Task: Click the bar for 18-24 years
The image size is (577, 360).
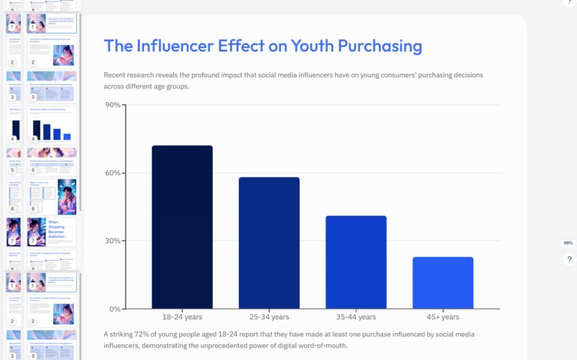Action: point(182,227)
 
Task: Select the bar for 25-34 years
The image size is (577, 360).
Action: point(269,243)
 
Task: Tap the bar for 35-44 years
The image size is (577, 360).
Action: point(356,262)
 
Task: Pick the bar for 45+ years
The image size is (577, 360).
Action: point(442,283)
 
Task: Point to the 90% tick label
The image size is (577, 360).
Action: point(113,105)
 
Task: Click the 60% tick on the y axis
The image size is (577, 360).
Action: point(113,173)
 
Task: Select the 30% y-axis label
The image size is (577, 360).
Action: point(113,241)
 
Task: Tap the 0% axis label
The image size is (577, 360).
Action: point(115,309)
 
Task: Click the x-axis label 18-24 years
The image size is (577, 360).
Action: point(182,317)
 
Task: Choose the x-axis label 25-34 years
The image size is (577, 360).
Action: point(269,317)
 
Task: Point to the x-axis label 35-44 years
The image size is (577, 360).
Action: point(356,317)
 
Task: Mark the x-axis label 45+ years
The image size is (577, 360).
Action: point(442,317)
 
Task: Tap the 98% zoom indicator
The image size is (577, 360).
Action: point(568,243)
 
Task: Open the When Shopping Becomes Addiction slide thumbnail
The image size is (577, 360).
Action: point(51,232)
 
